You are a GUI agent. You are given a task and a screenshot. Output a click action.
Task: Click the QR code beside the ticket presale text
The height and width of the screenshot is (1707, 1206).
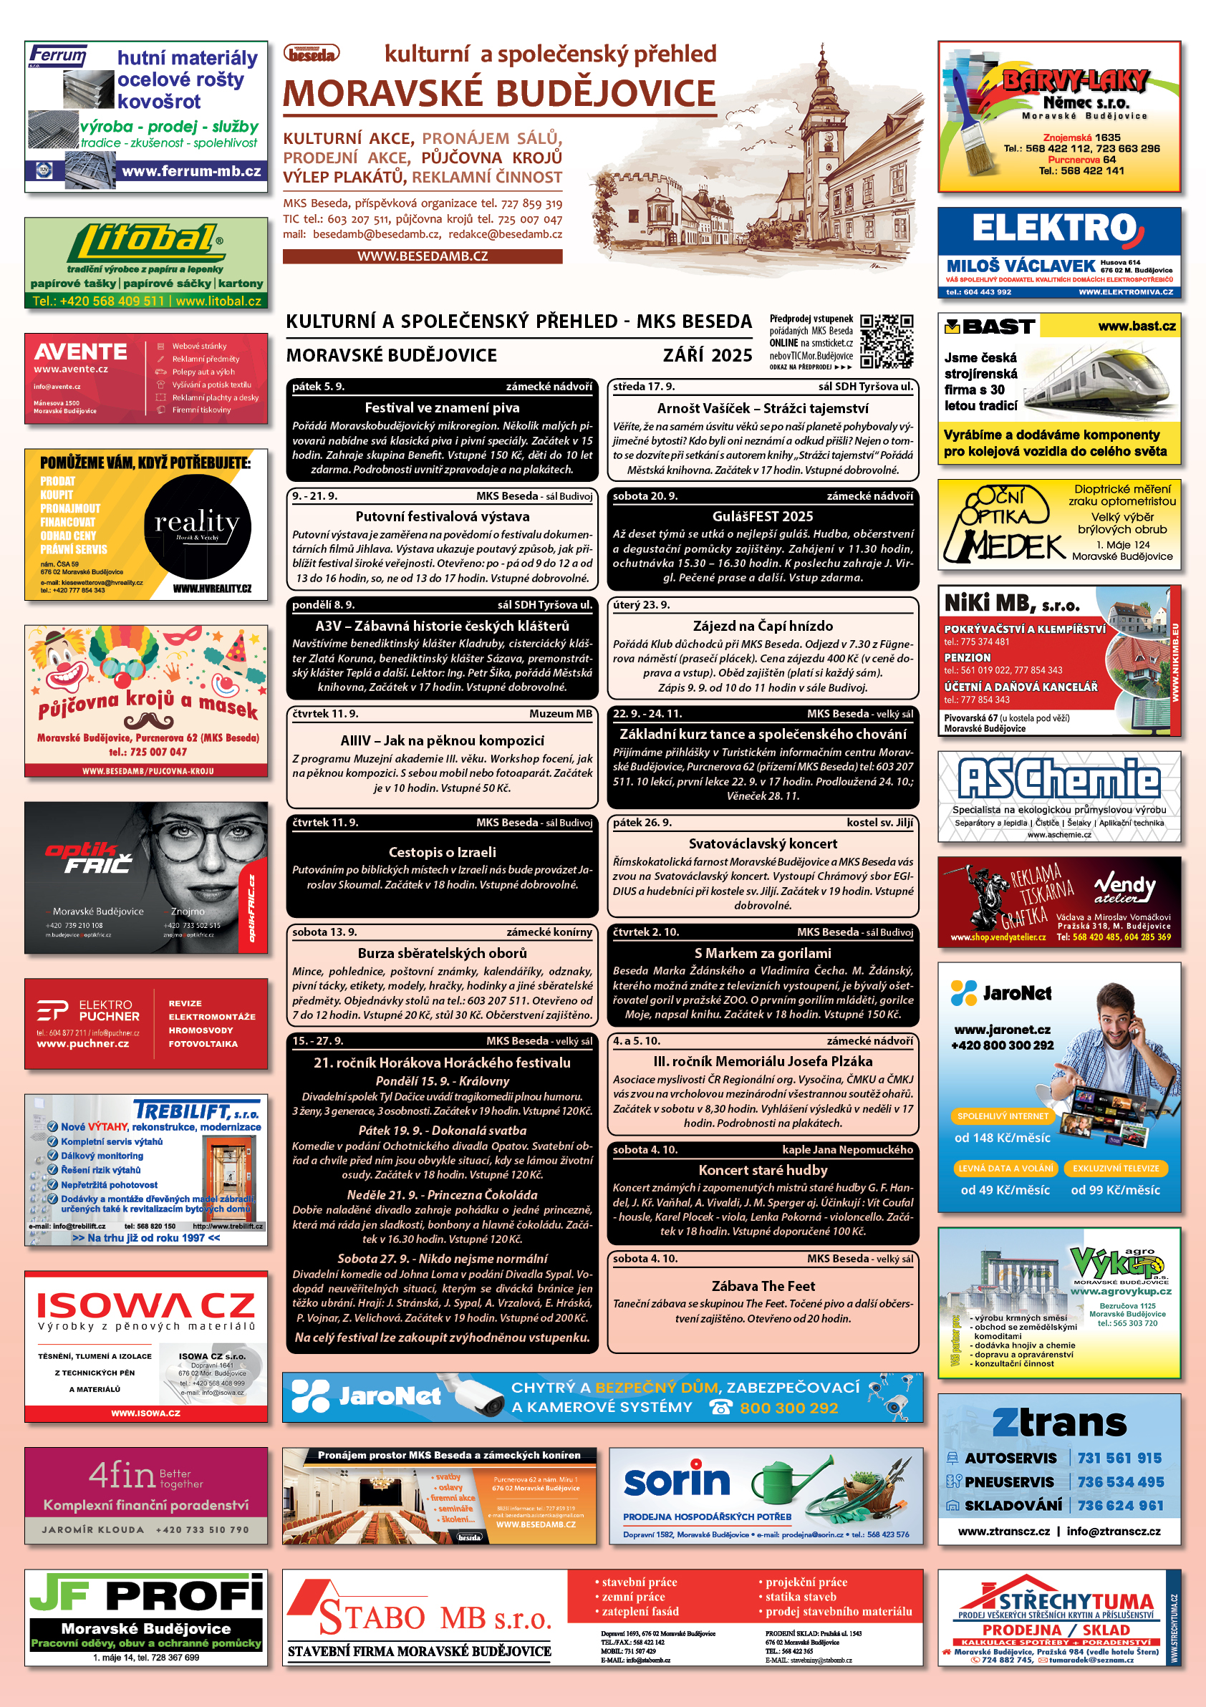coord(887,342)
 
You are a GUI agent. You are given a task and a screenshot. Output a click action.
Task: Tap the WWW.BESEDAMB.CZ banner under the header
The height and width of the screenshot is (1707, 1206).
coord(423,256)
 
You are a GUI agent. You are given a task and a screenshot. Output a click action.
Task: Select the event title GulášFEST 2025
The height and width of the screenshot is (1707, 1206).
coord(762,516)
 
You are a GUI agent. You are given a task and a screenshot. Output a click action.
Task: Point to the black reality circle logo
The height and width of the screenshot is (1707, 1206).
coord(197,526)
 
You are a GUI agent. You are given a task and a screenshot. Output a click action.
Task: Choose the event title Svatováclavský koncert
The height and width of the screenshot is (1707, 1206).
coord(762,843)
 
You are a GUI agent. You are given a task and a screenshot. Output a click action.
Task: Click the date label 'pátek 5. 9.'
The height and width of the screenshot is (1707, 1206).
coord(318,387)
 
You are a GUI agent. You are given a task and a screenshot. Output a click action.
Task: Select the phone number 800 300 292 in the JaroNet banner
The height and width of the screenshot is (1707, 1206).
coord(788,1408)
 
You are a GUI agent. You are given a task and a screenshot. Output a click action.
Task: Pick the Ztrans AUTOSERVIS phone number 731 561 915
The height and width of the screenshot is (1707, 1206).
coord(1120,1458)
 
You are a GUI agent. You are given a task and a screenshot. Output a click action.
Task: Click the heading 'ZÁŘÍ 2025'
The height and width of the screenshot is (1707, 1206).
coord(707,355)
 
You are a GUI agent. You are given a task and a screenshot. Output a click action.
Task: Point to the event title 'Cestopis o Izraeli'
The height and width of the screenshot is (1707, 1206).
coord(442,852)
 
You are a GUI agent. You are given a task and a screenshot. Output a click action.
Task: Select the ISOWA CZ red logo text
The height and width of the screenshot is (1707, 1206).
coord(145,1306)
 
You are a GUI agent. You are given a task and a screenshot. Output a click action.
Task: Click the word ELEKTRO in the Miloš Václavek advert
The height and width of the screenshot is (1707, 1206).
coord(1054,228)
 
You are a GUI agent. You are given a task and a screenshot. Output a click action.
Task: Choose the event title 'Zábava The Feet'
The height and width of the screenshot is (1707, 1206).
coord(763,1285)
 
